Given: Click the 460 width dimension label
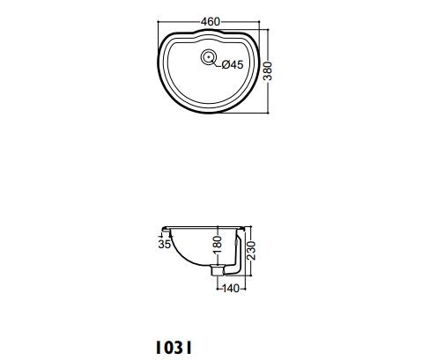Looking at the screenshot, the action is click(211, 22).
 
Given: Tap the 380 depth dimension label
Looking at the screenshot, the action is click(268, 70).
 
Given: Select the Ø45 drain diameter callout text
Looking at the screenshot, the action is click(233, 64).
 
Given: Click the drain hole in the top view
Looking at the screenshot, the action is click(209, 56).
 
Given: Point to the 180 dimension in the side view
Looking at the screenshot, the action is click(218, 245).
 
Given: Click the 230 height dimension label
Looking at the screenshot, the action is click(251, 250).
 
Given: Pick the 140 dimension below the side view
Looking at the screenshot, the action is click(231, 289).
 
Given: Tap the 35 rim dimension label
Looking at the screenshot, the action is click(164, 244).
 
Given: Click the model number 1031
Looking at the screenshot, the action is click(174, 348).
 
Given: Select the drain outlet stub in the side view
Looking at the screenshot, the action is click(218, 270).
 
